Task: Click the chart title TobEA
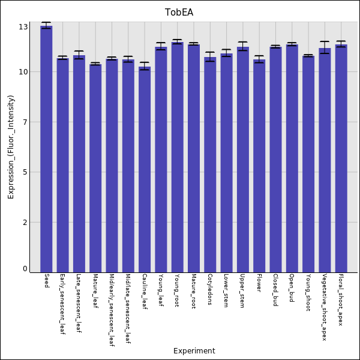(x=179, y=13)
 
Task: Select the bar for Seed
(x=46, y=149)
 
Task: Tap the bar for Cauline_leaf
(x=145, y=169)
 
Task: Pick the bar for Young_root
(x=178, y=157)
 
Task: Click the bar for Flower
(x=259, y=166)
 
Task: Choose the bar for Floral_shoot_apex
(x=341, y=158)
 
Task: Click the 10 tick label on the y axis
(x=23, y=72)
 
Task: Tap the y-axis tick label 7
(x=25, y=122)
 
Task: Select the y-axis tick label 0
(x=25, y=269)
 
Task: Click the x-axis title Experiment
(x=194, y=351)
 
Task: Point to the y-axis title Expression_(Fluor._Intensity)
(x=11, y=147)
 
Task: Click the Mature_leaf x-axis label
(x=95, y=291)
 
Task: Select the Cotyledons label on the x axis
(x=210, y=289)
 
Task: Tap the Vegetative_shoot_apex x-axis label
(x=325, y=307)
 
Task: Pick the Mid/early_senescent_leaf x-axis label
(x=112, y=310)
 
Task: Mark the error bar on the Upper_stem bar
(x=243, y=46)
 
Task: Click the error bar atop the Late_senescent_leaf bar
(x=79, y=55)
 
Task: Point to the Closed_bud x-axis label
(x=275, y=290)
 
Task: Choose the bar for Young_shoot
(x=308, y=164)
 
